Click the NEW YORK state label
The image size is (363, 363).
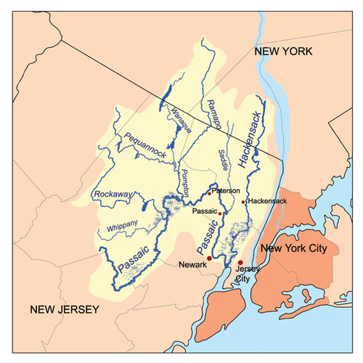click(x=281, y=52)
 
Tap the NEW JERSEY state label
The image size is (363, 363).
click(x=63, y=311)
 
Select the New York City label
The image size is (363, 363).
click(x=298, y=249)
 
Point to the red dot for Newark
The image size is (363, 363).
click(x=210, y=258)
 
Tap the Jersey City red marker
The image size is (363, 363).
click(x=240, y=262)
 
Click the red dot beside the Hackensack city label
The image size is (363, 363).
click(x=243, y=201)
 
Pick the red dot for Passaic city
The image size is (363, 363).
click(x=220, y=213)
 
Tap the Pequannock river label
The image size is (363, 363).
click(x=145, y=145)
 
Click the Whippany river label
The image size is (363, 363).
click(x=122, y=227)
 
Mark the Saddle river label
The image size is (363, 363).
click(x=224, y=160)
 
